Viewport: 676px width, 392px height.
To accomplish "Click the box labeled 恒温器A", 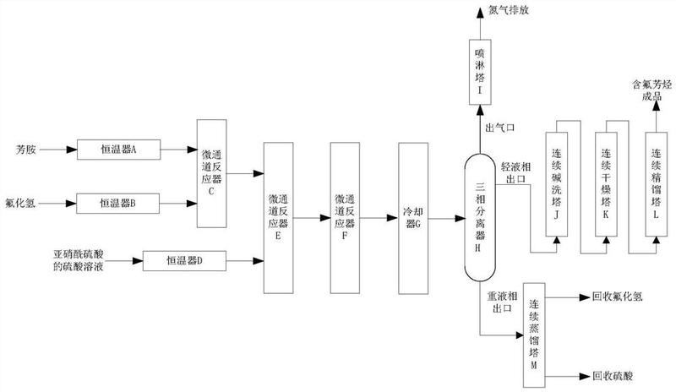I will (x=118, y=150).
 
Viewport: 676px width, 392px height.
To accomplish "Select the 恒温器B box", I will (x=118, y=203).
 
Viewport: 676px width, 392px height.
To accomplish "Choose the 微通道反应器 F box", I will (x=344, y=216).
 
